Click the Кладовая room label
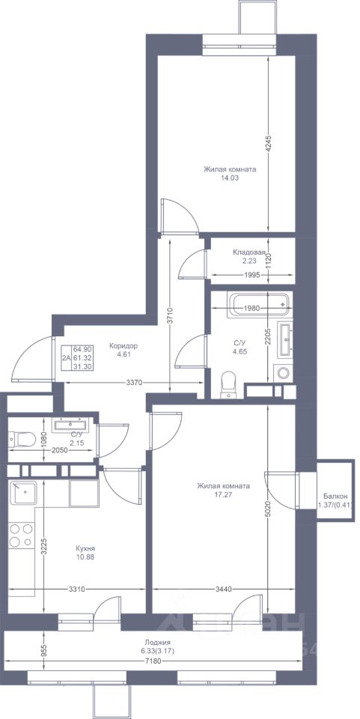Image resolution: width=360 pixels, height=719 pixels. click(x=249, y=252)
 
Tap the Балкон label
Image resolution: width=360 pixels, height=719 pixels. click(x=335, y=496)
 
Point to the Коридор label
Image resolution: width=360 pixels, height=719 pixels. click(x=123, y=346)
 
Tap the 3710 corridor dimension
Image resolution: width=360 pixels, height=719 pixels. click(x=170, y=315)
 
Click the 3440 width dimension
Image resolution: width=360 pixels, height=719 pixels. click(x=223, y=589)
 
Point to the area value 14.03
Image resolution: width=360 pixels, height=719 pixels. click(x=230, y=178)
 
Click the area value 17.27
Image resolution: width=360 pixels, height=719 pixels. click(x=223, y=494)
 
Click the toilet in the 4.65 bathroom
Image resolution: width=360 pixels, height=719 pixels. click(x=228, y=383)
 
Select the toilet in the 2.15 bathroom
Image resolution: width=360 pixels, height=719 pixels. click(x=22, y=440)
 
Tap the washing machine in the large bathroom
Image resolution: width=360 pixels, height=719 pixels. click(x=281, y=372)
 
